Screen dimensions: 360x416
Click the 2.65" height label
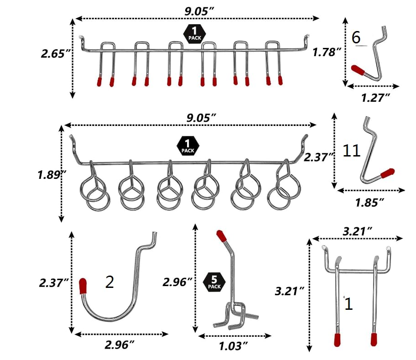[55, 53]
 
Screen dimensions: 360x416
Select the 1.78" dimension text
[327, 52]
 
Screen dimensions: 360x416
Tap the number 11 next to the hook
[352, 151]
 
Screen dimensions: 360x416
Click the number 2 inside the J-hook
[109, 282]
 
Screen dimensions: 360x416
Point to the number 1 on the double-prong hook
[348, 304]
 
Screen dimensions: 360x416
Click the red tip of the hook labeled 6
[358, 70]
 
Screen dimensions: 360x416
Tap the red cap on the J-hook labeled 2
[83, 286]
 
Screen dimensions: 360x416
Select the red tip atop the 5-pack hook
[221, 236]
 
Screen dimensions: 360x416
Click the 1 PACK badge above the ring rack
[186, 146]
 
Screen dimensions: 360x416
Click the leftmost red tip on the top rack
[99, 82]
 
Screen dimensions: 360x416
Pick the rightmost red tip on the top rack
[281, 80]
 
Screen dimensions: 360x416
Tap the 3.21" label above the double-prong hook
[356, 231]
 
